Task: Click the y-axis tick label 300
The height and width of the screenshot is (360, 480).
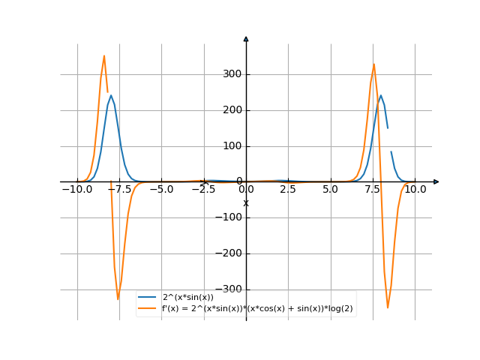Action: (231, 74)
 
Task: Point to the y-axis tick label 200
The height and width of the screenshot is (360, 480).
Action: (231, 110)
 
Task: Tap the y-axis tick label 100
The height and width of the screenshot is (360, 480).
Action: (231, 146)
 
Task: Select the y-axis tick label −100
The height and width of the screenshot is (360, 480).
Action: (228, 217)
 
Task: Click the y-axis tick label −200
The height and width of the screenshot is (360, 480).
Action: (228, 253)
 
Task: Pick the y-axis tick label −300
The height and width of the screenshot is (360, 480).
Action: (228, 289)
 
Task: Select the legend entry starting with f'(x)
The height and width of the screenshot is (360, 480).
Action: (257, 308)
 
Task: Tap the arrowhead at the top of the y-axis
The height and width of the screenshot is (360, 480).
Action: (246, 38)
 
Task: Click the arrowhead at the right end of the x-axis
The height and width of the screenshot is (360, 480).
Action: (436, 181)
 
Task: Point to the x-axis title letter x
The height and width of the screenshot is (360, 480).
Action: (246, 203)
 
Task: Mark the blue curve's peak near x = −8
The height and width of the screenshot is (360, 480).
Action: (111, 95)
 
